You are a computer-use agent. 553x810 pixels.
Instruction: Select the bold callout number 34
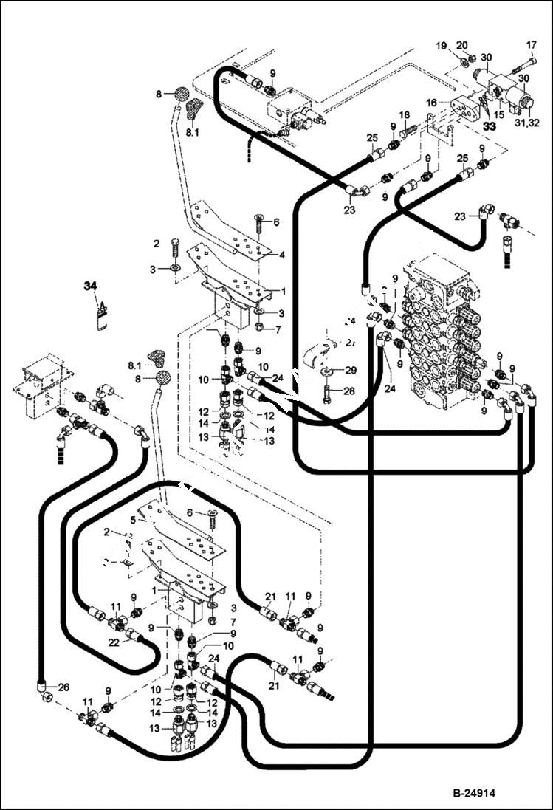[89, 286]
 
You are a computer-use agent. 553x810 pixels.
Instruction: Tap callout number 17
[530, 44]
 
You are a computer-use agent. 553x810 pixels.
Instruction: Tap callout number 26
[63, 687]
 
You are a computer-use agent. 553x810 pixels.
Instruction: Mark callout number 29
[351, 368]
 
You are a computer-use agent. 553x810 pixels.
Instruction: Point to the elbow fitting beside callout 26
[44, 687]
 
